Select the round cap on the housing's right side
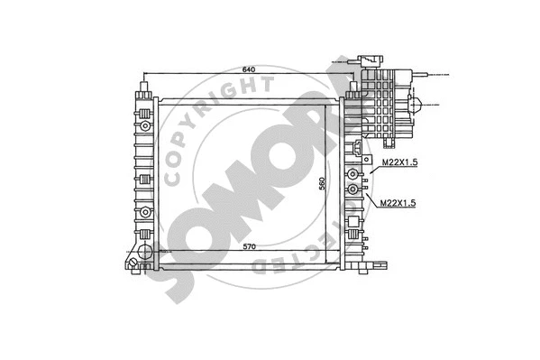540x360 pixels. pos(419,102)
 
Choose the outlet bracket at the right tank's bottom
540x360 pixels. pos(381,265)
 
